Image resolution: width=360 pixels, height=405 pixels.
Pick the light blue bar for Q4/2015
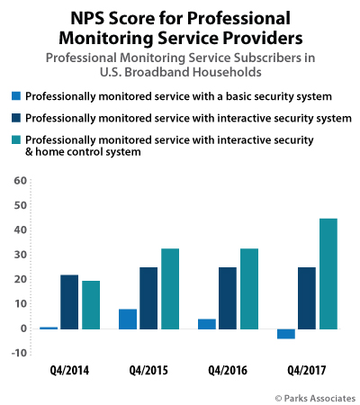point(127,319)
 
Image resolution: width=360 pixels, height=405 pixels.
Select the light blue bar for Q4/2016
point(206,323)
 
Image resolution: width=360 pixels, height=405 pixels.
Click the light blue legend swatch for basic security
point(17,96)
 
